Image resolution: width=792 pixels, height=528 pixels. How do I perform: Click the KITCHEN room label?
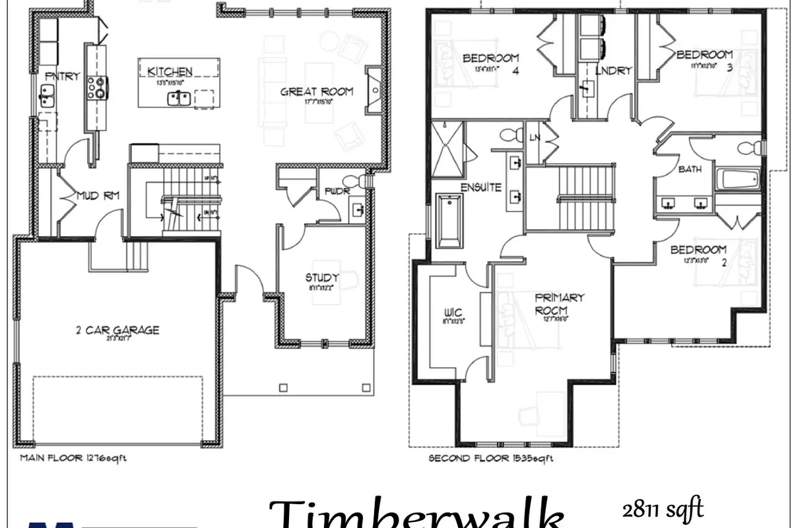pyautogui.click(x=170, y=71)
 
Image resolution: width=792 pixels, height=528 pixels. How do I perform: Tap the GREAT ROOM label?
pyautogui.click(x=317, y=92)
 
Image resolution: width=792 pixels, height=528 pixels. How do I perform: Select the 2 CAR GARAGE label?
pyautogui.click(x=117, y=330)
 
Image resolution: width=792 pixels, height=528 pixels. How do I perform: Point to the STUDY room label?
pyautogui.click(x=322, y=278)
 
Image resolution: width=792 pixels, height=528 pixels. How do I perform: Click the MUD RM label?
pyautogui.click(x=98, y=195)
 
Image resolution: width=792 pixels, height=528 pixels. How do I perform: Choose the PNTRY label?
pyautogui.click(x=62, y=77)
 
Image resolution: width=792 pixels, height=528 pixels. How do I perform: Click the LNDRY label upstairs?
pyautogui.click(x=614, y=71)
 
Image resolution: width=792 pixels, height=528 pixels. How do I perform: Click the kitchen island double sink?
pyautogui.click(x=179, y=99)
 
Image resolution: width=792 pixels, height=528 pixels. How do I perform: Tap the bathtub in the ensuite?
pyautogui.click(x=449, y=220)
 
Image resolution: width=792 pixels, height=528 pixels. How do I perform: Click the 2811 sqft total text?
pyautogui.click(x=661, y=509)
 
